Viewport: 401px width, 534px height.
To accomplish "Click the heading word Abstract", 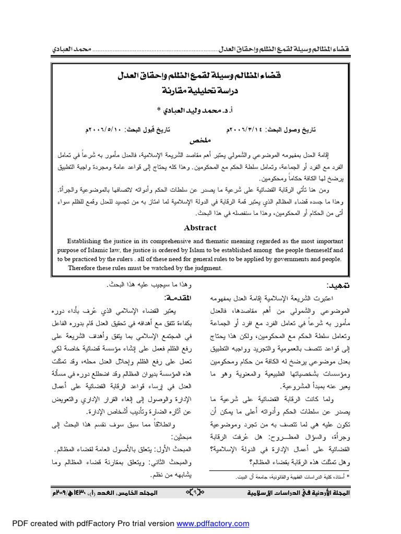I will click(199, 227).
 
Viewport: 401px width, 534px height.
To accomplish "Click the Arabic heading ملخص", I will click(200, 141).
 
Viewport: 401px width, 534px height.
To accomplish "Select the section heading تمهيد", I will click(338, 286).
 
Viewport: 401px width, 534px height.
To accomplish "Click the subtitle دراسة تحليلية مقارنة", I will click(200, 89).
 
